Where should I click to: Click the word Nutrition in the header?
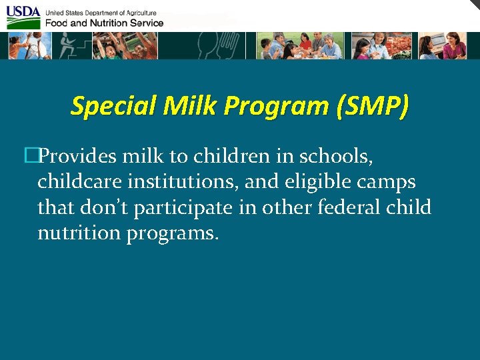(97, 23)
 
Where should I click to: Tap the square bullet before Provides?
(29, 156)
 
